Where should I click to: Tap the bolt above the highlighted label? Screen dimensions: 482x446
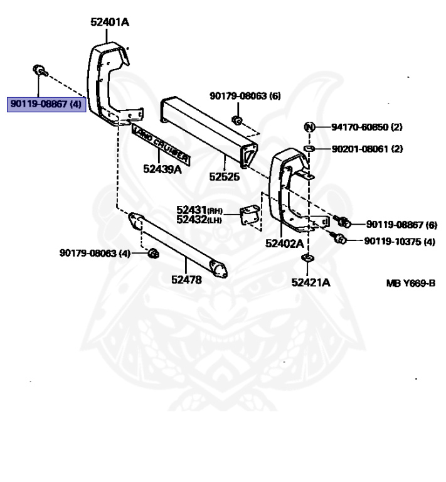pos(38,69)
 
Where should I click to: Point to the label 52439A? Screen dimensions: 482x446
pos(162,169)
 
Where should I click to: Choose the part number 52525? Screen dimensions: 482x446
pos(225,177)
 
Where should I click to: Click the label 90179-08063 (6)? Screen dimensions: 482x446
pos(245,96)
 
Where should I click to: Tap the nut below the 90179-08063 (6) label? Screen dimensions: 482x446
pos(236,120)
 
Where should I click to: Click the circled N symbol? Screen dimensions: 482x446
pos(309,127)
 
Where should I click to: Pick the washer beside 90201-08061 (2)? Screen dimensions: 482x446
pos(309,149)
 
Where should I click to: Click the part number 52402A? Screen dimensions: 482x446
pos(284,243)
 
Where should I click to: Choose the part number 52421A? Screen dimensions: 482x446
pos(310,282)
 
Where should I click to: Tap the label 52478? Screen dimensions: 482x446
pos(186,280)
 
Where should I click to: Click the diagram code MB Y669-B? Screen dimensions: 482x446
pos(410,283)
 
